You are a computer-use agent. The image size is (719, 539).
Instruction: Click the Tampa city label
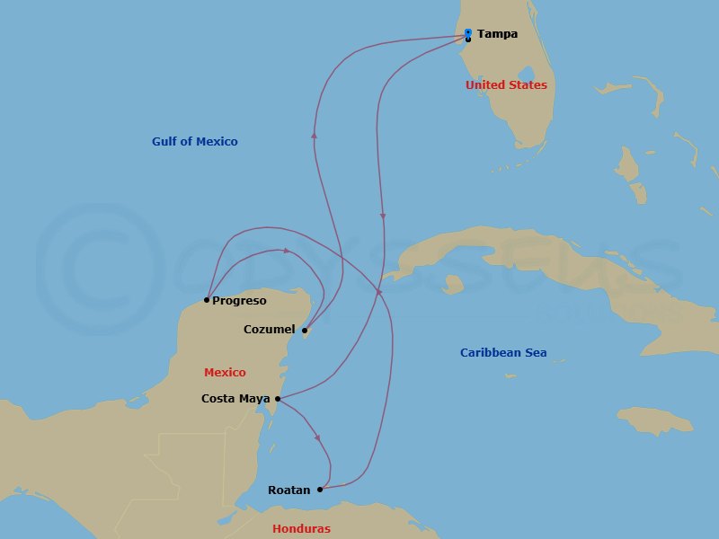497,34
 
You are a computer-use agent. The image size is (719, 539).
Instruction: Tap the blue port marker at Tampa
468,32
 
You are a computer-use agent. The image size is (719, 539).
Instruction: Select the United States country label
506,85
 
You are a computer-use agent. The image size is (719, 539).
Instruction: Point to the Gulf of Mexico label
195,142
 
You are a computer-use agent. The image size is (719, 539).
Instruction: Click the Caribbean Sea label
503,353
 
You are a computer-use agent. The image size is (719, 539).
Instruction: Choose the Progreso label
239,301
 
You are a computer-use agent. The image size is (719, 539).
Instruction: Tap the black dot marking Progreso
207,300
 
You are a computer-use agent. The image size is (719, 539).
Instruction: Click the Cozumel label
269,330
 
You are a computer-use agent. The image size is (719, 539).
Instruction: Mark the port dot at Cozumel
305,331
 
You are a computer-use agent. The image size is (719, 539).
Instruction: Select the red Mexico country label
225,373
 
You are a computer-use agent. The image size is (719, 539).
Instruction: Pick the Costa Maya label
236,399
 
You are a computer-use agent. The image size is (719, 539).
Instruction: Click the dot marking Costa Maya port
278,399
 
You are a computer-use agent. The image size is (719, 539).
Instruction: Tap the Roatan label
289,490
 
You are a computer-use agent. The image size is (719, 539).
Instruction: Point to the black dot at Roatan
320,490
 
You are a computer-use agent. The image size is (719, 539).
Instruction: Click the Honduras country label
301,529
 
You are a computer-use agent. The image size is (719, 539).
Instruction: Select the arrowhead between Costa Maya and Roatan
317,437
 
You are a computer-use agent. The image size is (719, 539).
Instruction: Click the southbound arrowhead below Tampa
384,216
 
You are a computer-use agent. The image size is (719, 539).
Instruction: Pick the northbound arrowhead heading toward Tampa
314,134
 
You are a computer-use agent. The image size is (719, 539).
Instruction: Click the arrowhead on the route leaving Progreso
287,251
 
